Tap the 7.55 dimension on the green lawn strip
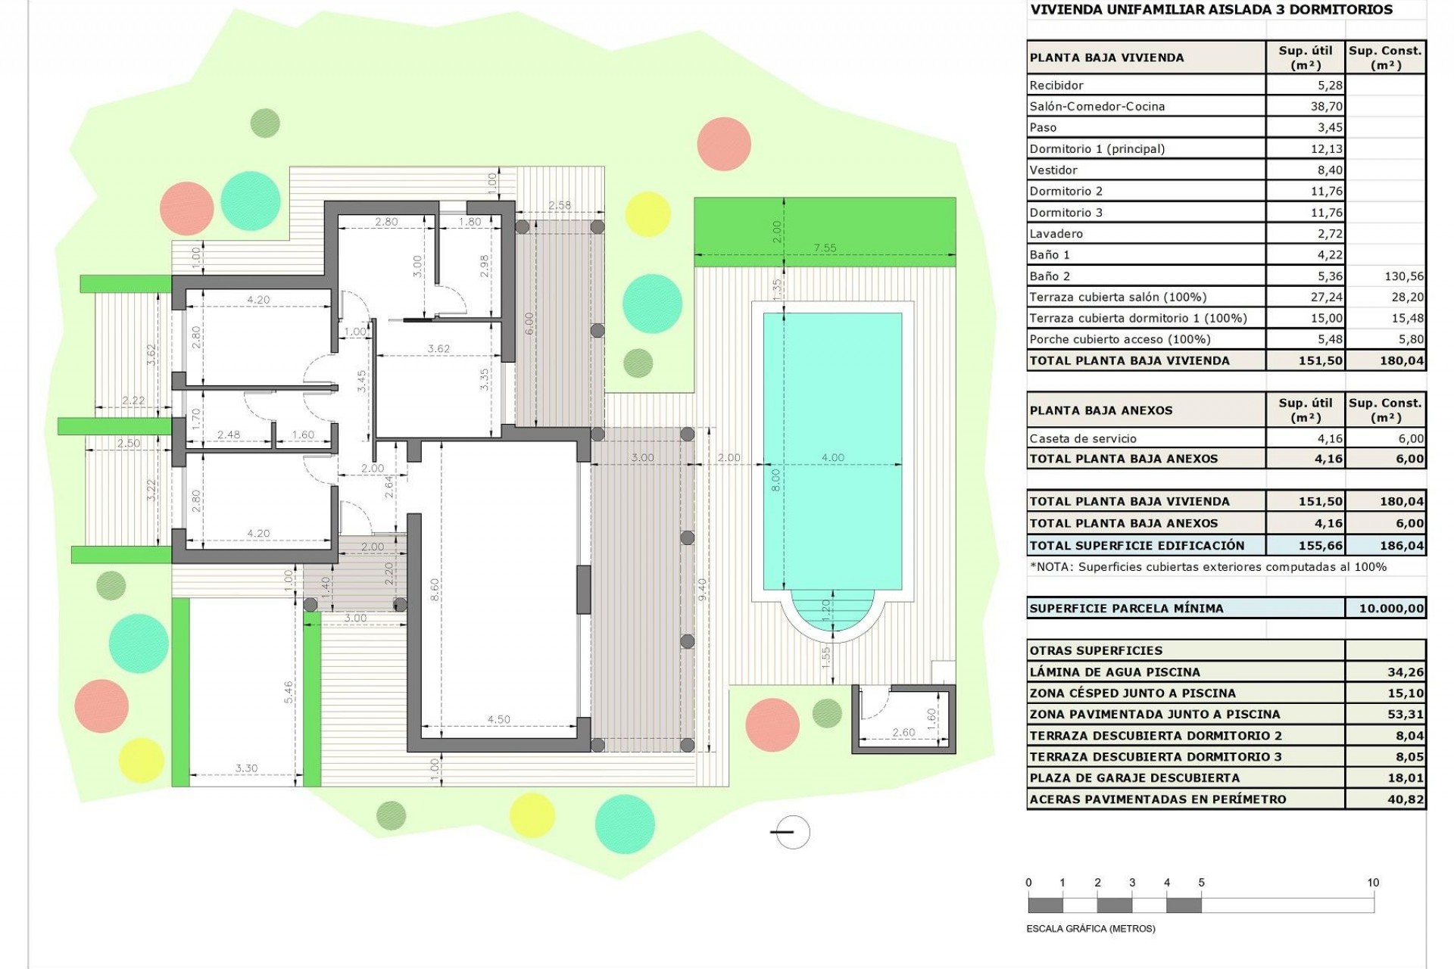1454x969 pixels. point(825,248)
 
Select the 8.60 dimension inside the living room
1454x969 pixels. point(434,590)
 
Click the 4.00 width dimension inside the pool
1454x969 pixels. point(832,457)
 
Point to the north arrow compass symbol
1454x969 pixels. point(792,832)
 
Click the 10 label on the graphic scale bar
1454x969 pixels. point(1373,883)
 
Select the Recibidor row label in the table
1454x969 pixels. point(1056,86)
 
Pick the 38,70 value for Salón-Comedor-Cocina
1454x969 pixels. point(1326,107)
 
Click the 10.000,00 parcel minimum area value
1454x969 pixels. point(1391,608)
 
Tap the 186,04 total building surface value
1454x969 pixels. point(1401,545)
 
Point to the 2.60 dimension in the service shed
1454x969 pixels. point(903,732)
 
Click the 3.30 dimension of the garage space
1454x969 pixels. point(246,768)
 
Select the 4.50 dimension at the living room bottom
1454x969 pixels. point(498,719)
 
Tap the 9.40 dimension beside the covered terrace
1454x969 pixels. point(702,590)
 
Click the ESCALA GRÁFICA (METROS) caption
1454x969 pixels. point(1090,929)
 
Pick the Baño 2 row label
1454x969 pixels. point(1049,276)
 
